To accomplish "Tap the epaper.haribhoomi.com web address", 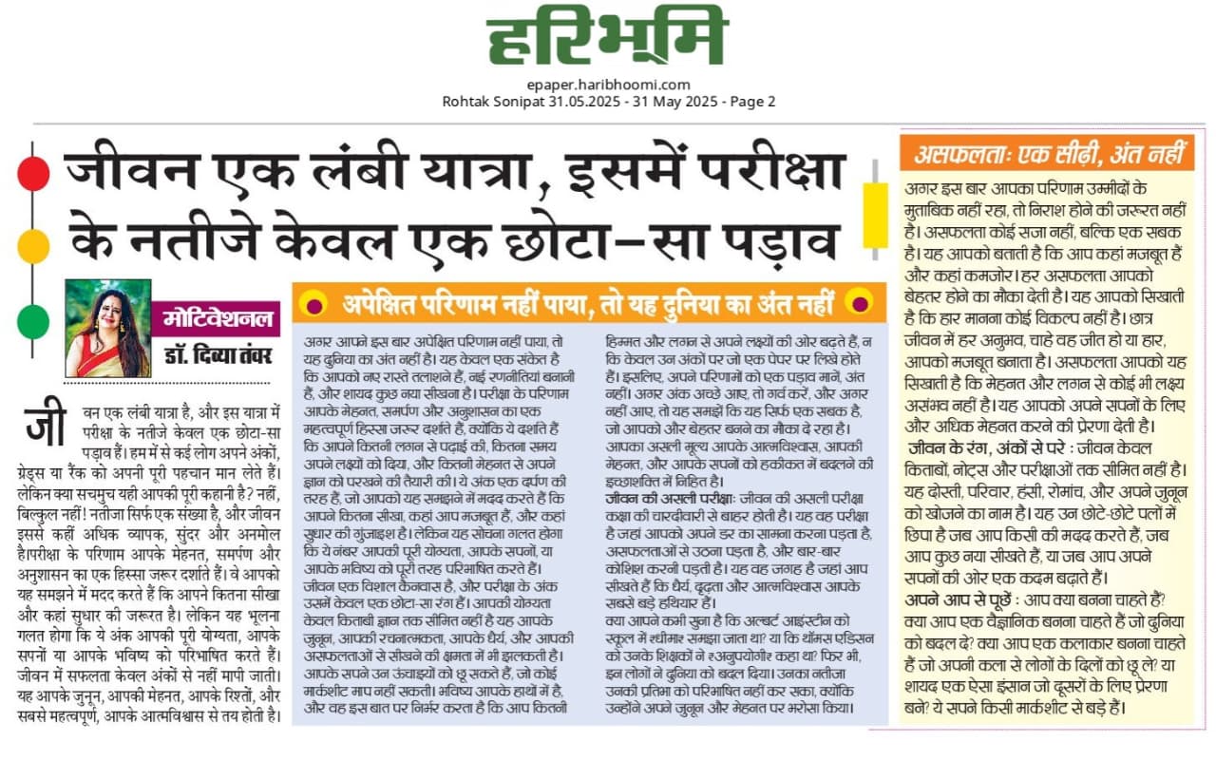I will pos(608,85).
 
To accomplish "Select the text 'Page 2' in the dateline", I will pos(753,102).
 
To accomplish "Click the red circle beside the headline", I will pos(33,173).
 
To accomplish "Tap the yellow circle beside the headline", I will pos(33,245).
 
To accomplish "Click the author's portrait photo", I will pos(107,328).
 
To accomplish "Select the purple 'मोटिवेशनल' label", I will pos(218,317).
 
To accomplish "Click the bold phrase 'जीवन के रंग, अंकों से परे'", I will pos(997,447).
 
